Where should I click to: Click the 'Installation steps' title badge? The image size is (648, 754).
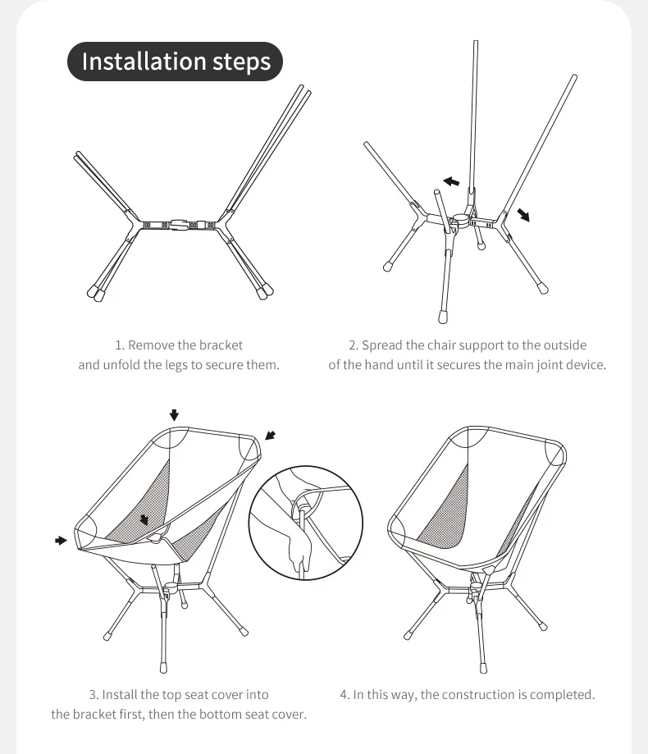click(x=176, y=62)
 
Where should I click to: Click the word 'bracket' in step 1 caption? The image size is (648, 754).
click(x=221, y=345)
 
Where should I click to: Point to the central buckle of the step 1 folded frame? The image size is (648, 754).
click(x=180, y=223)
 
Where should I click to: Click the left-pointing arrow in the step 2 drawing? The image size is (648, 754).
click(x=450, y=181)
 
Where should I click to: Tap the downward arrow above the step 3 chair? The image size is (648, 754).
click(x=174, y=414)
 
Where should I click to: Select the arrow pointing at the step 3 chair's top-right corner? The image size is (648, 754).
click(x=271, y=436)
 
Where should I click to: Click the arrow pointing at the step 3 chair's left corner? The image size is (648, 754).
click(x=61, y=540)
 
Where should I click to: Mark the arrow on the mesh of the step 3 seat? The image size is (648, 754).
click(x=145, y=519)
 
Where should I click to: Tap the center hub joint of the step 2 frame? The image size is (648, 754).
click(x=460, y=220)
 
